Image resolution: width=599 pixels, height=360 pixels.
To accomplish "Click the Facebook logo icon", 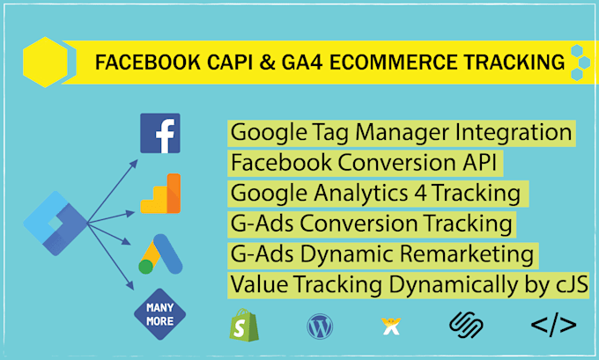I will (x=160, y=134).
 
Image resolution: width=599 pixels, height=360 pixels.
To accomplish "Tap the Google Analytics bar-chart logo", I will (x=160, y=194).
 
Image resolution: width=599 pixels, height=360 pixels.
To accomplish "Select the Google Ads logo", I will (x=159, y=254).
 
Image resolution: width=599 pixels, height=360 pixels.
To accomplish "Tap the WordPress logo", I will (x=320, y=327).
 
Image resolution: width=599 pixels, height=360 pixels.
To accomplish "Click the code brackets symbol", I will (x=552, y=326).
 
